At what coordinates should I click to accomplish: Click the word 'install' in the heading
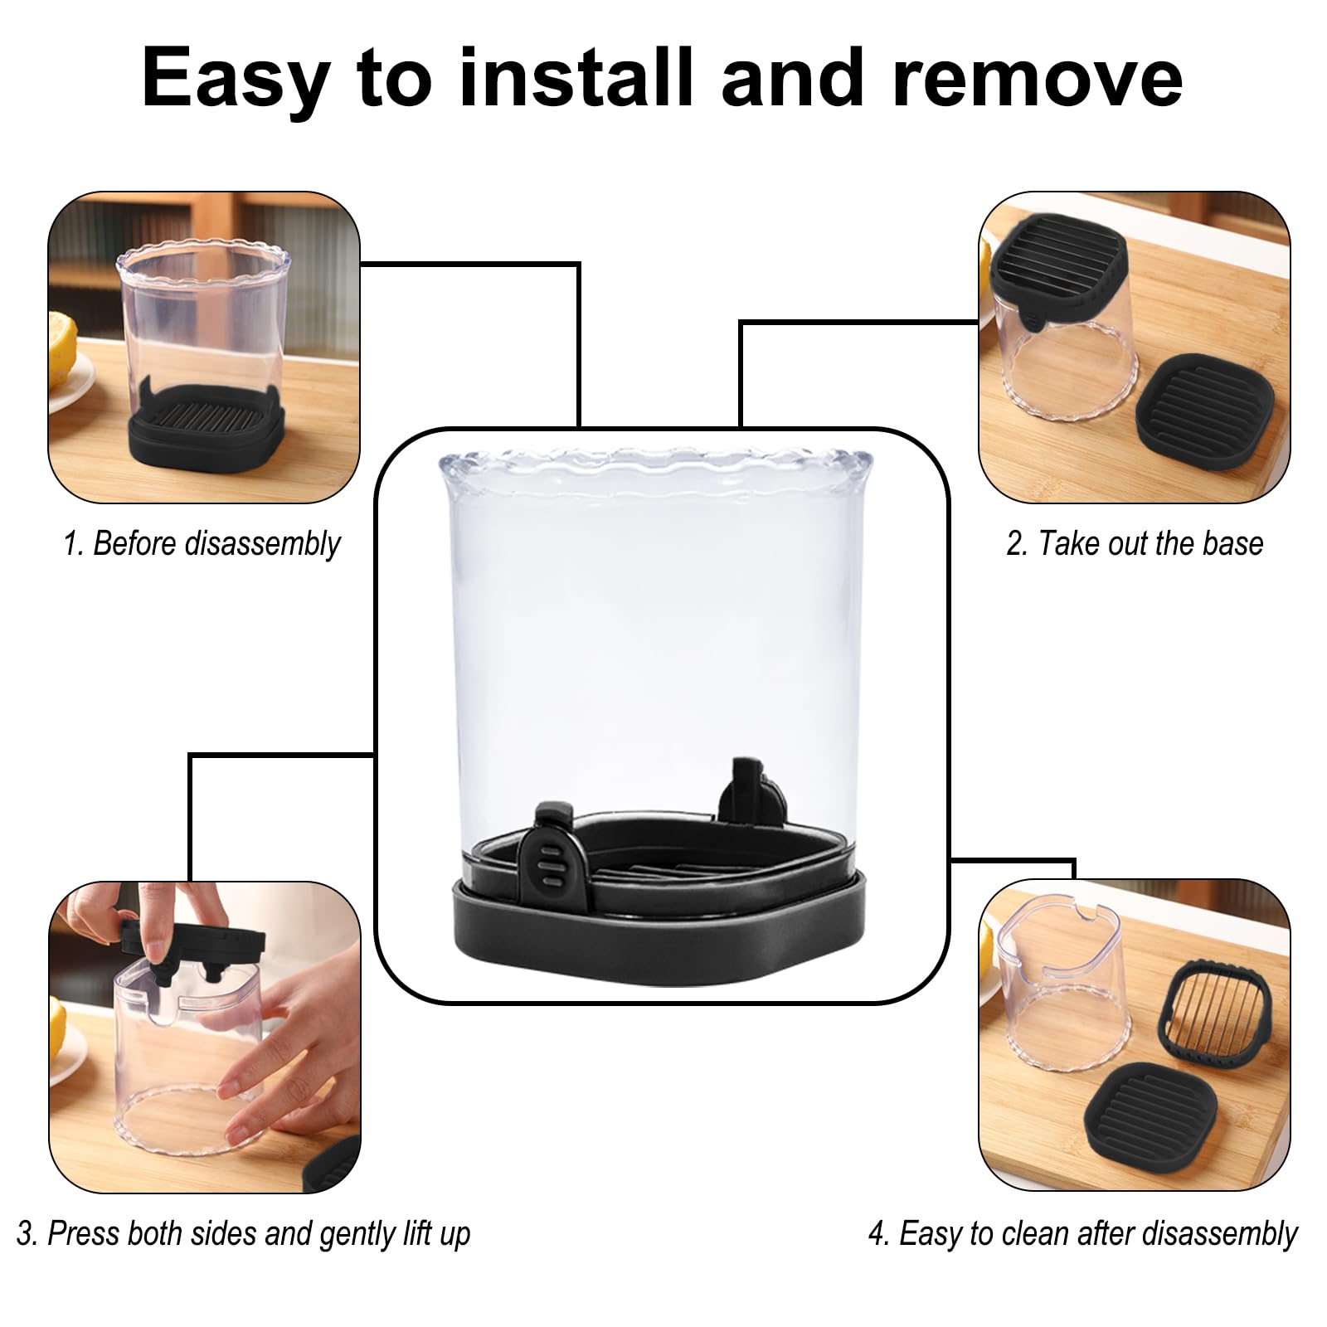click(x=572, y=79)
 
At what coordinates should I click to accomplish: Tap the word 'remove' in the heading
click(x=1038, y=79)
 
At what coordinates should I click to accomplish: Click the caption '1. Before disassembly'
click(x=202, y=544)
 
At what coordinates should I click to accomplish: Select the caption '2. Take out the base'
click(x=1134, y=544)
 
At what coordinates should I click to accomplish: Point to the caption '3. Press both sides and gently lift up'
click(x=243, y=1233)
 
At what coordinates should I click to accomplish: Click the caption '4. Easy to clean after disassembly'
click(x=1082, y=1233)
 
